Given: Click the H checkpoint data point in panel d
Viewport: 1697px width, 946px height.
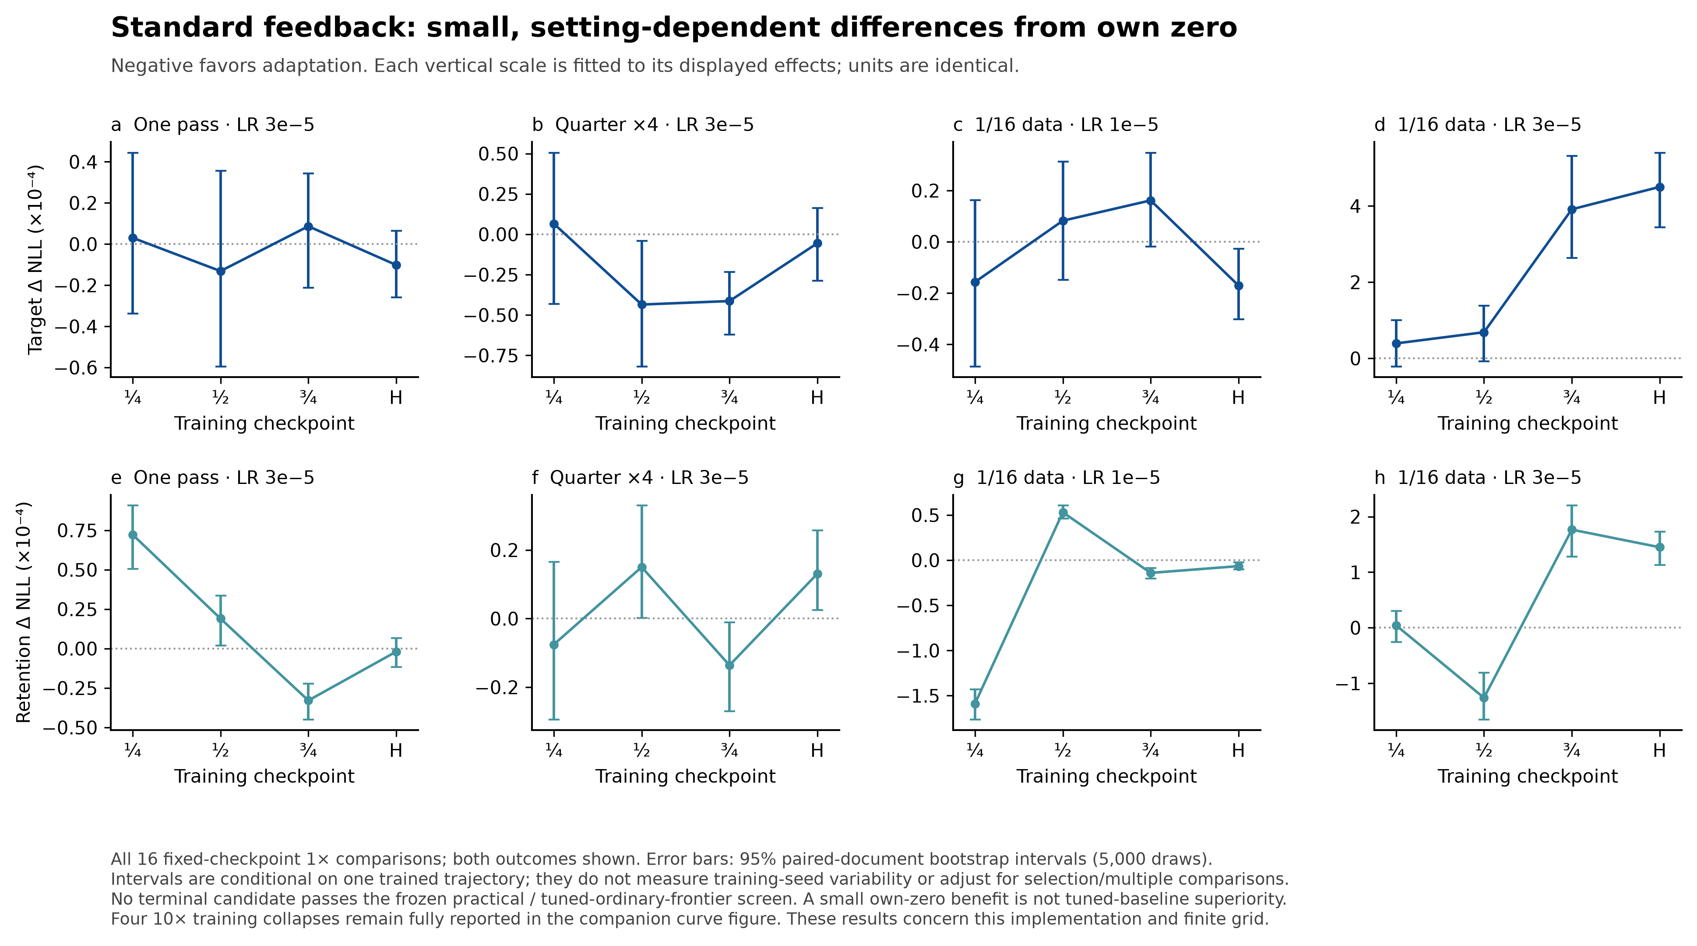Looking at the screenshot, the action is [x=1659, y=187].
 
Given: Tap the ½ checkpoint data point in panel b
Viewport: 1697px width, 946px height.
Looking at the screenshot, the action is [x=642, y=304].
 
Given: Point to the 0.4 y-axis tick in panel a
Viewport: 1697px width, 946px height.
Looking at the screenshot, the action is [x=84, y=162].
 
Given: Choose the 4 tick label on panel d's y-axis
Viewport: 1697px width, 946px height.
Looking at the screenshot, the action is [x=1355, y=206].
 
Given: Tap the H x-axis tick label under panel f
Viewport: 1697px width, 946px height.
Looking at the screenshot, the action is [x=817, y=750].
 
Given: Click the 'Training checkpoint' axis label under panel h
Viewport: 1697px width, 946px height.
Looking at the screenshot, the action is [x=1528, y=776].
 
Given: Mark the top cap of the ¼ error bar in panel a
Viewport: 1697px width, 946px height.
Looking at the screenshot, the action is [x=132, y=153].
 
